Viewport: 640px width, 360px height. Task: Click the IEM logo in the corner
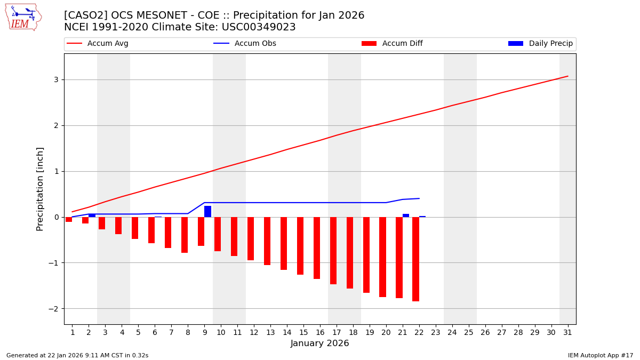click(23, 17)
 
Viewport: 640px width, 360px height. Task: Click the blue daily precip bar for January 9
click(207, 211)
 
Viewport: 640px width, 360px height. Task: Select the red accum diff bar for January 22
click(415, 259)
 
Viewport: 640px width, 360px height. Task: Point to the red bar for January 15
click(300, 246)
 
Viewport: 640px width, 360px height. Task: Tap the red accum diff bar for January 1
click(69, 219)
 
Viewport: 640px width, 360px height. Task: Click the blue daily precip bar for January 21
click(406, 215)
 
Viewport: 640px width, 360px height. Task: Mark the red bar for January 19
click(366, 255)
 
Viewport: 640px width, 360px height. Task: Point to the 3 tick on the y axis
click(55, 80)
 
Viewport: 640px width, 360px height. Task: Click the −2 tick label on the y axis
click(53, 309)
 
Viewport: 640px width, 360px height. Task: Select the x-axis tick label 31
click(567, 332)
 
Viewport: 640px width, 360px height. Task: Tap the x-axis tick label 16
click(320, 332)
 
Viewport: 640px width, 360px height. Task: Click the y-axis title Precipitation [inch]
click(40, 189)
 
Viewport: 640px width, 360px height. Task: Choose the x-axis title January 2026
click(320, 344)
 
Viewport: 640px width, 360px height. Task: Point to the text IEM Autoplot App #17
click(601, 355)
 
